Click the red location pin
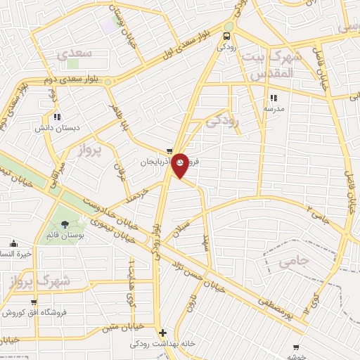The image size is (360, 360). click(x=181, y=165)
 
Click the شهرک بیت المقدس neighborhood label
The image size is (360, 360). click(x=271, y=65)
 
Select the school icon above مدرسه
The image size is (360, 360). click(x=274, y=98)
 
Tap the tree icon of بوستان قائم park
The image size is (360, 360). click(x=65, y=224)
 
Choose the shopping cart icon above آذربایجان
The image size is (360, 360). click(x=170, y=151)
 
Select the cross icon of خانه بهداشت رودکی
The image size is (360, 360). click(x=163, y=333)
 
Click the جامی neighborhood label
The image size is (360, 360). click(x=295, y=262)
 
